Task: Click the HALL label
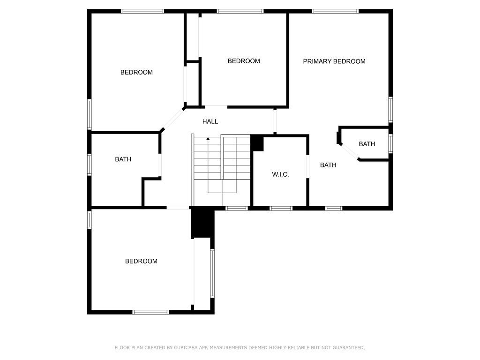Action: pos(210,121)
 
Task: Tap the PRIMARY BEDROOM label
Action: pos(334,61)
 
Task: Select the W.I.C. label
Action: pos(280,174)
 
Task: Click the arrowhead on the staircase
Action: pos(208,139)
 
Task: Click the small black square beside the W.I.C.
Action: pos(257,143)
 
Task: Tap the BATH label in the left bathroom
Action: pos(123,159)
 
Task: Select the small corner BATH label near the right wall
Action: pos(367,144)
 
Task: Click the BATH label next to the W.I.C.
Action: pos(328,165)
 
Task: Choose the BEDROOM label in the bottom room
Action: pos(141,261)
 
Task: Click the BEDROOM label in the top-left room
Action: pos(136,72)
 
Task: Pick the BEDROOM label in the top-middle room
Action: pos(244,61)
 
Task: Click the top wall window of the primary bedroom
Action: pos(335,11)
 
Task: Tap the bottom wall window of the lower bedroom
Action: pos(150,312)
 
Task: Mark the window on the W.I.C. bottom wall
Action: pos(281,209)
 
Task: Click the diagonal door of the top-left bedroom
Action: pos(173,119)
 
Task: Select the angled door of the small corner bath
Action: pos(349,151)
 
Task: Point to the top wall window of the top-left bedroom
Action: pos(142,11)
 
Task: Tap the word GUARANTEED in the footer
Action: pos(349,347)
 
